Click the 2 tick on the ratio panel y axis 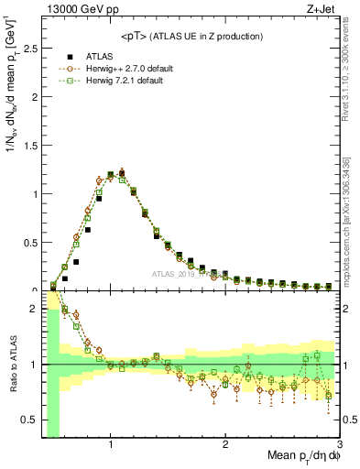coord(33,309)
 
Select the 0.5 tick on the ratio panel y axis coord(28,420)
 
